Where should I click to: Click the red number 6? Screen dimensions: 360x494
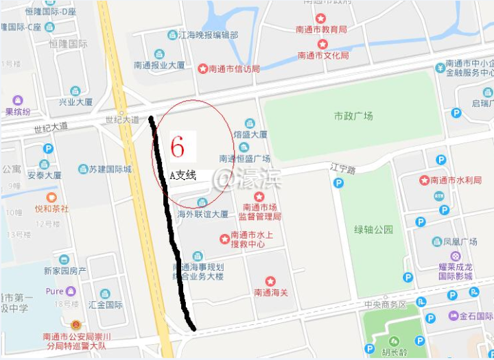[x=178, y=146]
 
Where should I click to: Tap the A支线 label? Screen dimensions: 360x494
[x=183, y=176]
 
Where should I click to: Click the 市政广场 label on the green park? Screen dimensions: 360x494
[x=353, y=117]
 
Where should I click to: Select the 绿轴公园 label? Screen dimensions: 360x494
[x=373, y=229]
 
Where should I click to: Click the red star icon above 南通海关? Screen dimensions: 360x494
[x=270, y=281]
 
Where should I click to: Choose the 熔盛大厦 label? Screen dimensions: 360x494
[x=250, y=135]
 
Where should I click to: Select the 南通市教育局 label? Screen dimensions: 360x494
[x=321, y=29]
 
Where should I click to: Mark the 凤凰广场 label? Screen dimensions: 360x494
[x=460, y=242]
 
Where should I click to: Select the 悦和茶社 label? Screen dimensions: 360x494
[x=51, y=208]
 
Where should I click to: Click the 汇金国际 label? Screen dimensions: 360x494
[x=106, y=304]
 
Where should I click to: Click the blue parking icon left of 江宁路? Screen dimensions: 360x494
[x=338, y=183]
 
